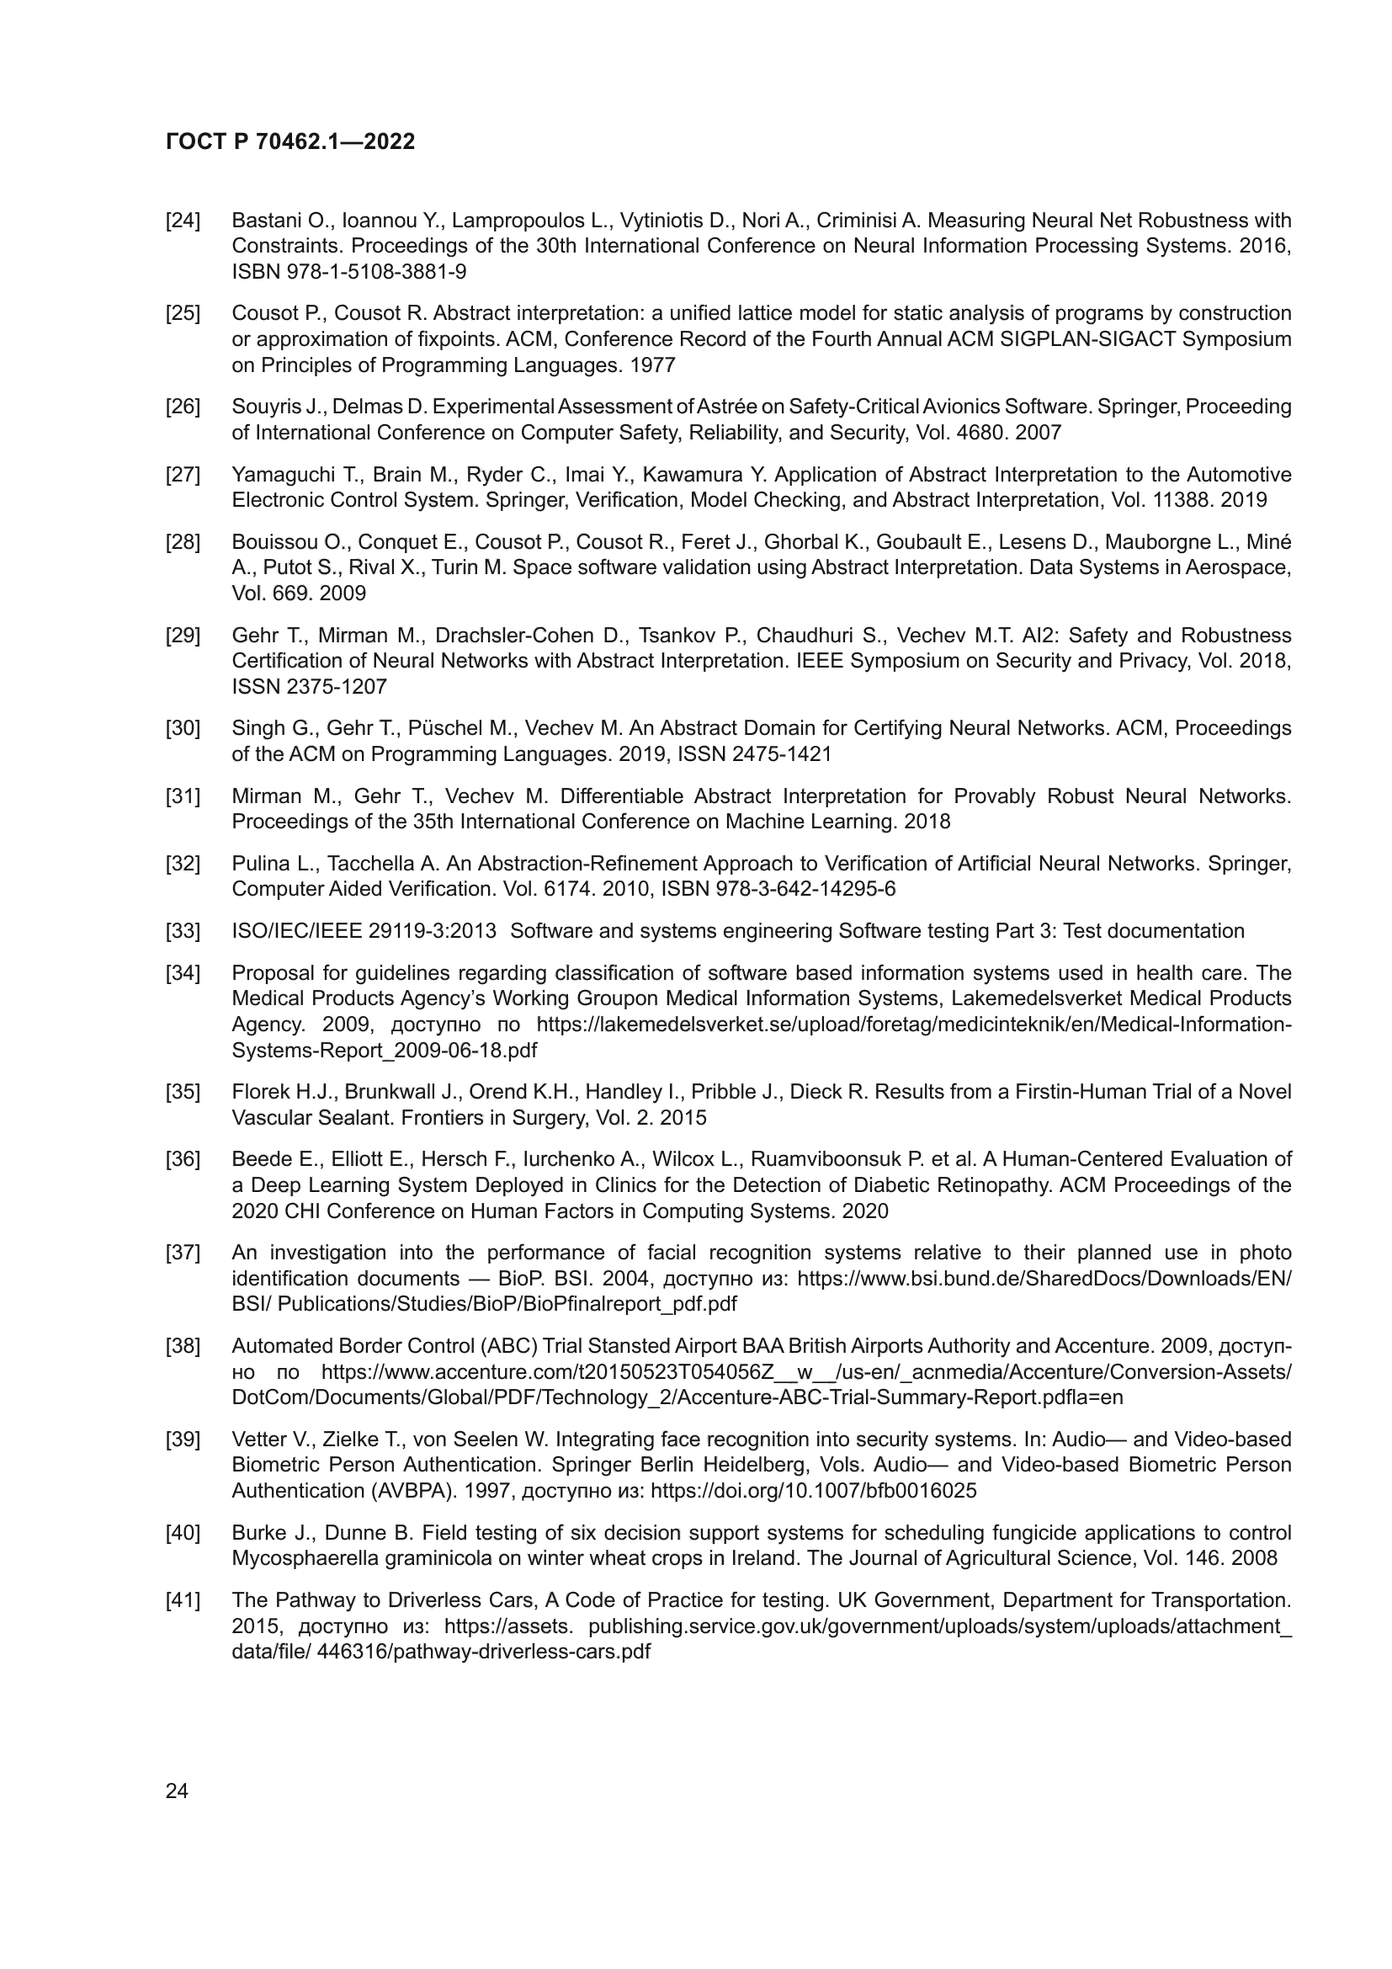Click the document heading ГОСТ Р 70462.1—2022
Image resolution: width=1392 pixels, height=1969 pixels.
(290, 141)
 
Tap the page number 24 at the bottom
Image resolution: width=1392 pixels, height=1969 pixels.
(177, 1791)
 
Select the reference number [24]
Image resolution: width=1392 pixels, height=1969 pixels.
(183, 221)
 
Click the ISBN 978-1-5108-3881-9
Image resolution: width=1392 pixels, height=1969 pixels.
(349, 272)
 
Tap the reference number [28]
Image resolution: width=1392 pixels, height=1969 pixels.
(183, 542)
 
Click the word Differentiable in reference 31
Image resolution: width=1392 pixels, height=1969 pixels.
(621, 796)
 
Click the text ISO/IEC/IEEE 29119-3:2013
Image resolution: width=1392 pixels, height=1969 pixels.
(364, 931)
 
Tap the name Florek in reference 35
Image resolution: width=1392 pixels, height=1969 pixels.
(258, 1092)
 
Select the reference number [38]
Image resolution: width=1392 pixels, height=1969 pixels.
(183, 1345)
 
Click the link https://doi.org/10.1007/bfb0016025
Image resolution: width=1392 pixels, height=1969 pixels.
(813, 1491)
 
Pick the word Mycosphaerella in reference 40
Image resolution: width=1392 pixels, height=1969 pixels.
(299, 1558)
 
